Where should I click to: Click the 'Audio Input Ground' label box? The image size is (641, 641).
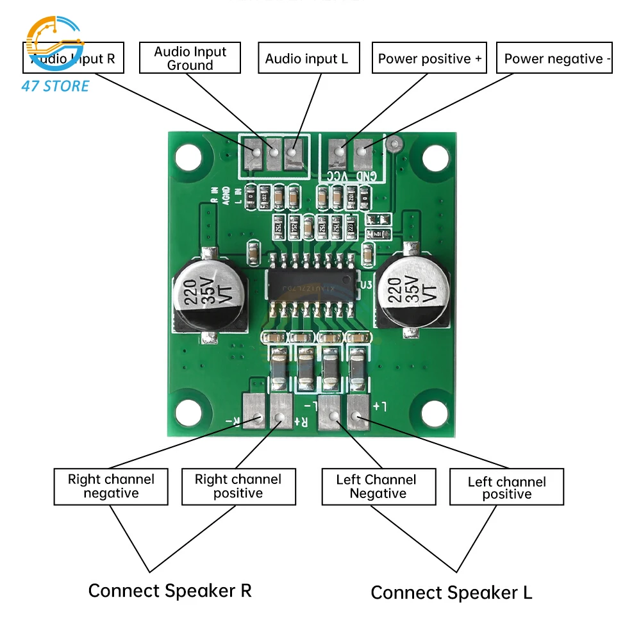point(191,58)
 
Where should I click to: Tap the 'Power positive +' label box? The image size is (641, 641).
point(429,59)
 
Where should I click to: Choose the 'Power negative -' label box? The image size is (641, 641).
point(554,59)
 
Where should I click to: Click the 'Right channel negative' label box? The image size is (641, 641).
point(111,487)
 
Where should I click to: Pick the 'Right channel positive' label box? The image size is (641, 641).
point(238,487)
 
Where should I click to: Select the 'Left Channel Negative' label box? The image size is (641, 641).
point(378,487)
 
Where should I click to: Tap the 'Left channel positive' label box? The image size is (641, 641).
point(506,488)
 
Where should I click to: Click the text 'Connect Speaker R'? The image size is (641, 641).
point(170,590)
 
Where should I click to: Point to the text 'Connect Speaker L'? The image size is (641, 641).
point(451,593)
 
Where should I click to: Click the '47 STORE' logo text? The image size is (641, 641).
point(55,86)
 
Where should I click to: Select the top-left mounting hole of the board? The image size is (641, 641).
point(189,156)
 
